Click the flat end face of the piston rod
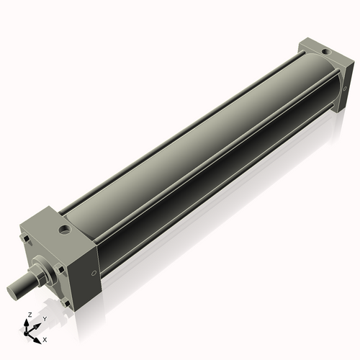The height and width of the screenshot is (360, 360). pyautogui.click(x=15, y=292)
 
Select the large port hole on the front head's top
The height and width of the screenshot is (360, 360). pyautogui.click(x=66, y=230)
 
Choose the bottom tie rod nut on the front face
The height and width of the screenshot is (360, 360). pyautogui.click(x=67, y=303)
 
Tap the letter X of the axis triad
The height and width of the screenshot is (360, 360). pyautogui.click(x=45, y=338)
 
